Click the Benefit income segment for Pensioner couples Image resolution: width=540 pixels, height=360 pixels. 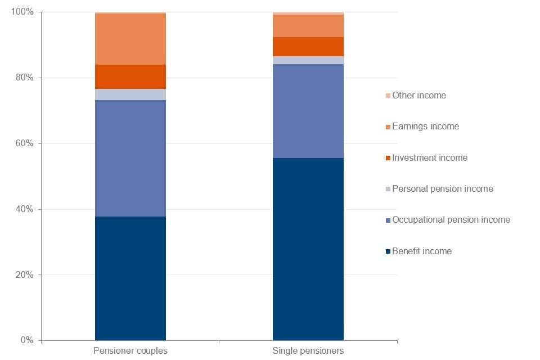pos(130,278)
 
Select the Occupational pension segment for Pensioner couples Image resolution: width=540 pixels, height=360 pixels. pos(130,158)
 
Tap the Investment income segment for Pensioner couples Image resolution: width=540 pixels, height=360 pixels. pos(130,76)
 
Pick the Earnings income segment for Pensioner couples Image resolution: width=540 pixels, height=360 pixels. pos(130,39)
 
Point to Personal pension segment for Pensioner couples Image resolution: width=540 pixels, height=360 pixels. pos(130,94)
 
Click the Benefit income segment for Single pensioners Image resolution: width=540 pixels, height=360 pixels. pos(308,249)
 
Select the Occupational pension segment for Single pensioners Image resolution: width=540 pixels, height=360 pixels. pos(308,111)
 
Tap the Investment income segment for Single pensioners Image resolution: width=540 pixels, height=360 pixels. pos(308,47)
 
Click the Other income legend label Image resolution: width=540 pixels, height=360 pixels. pos(419,96)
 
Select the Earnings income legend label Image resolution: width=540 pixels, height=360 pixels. pos(425,127)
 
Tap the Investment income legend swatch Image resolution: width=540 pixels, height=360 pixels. pos(388,158)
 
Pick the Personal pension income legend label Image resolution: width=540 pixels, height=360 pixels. pos(443,189)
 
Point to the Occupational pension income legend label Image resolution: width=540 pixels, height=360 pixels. pos(451,220)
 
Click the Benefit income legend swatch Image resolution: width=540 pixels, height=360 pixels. pos(388,251)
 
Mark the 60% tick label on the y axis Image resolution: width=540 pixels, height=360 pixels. pos(25,144)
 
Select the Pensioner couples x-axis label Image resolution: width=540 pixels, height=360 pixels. pos(130,351)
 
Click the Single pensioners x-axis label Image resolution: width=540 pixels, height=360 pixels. pos(308,351)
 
